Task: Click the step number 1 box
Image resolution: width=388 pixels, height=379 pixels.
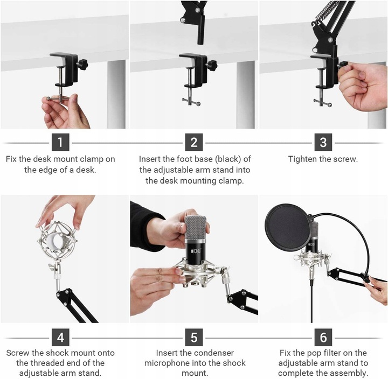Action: [x=60, y=142]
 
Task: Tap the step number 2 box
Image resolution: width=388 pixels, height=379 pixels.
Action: [x=194, y=142]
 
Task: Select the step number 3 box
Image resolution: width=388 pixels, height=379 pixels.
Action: [x=323, y=142]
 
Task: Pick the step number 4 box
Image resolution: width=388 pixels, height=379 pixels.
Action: [x=60, y=338]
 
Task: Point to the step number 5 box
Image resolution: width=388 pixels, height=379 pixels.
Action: [x=194, y=338]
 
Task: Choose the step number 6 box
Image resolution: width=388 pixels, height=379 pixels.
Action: [x=323, y=338]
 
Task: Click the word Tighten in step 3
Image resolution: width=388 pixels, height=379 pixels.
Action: [x=302, y=159]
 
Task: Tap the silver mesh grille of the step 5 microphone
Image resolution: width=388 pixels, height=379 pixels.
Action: [x=196, y=227]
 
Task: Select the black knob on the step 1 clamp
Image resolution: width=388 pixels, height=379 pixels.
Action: [x=82, y=64]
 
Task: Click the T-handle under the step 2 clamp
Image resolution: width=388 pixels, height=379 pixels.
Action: [x=191, y=101]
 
